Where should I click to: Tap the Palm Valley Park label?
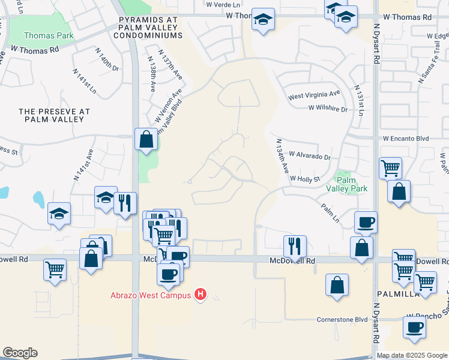346,184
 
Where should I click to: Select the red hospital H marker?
201,295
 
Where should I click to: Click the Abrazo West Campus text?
150,295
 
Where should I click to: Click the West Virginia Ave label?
314,95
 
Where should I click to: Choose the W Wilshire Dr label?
328,109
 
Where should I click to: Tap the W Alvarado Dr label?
310,156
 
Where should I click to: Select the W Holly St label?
306,178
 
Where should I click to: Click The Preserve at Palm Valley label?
54,115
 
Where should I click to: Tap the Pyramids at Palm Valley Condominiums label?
149,28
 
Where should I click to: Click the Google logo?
20,353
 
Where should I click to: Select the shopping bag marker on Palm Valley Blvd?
146,139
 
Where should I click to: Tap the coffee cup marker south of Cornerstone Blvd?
414,328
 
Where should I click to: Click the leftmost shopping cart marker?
55,269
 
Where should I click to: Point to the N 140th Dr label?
107,64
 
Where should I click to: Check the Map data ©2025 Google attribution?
412,355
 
